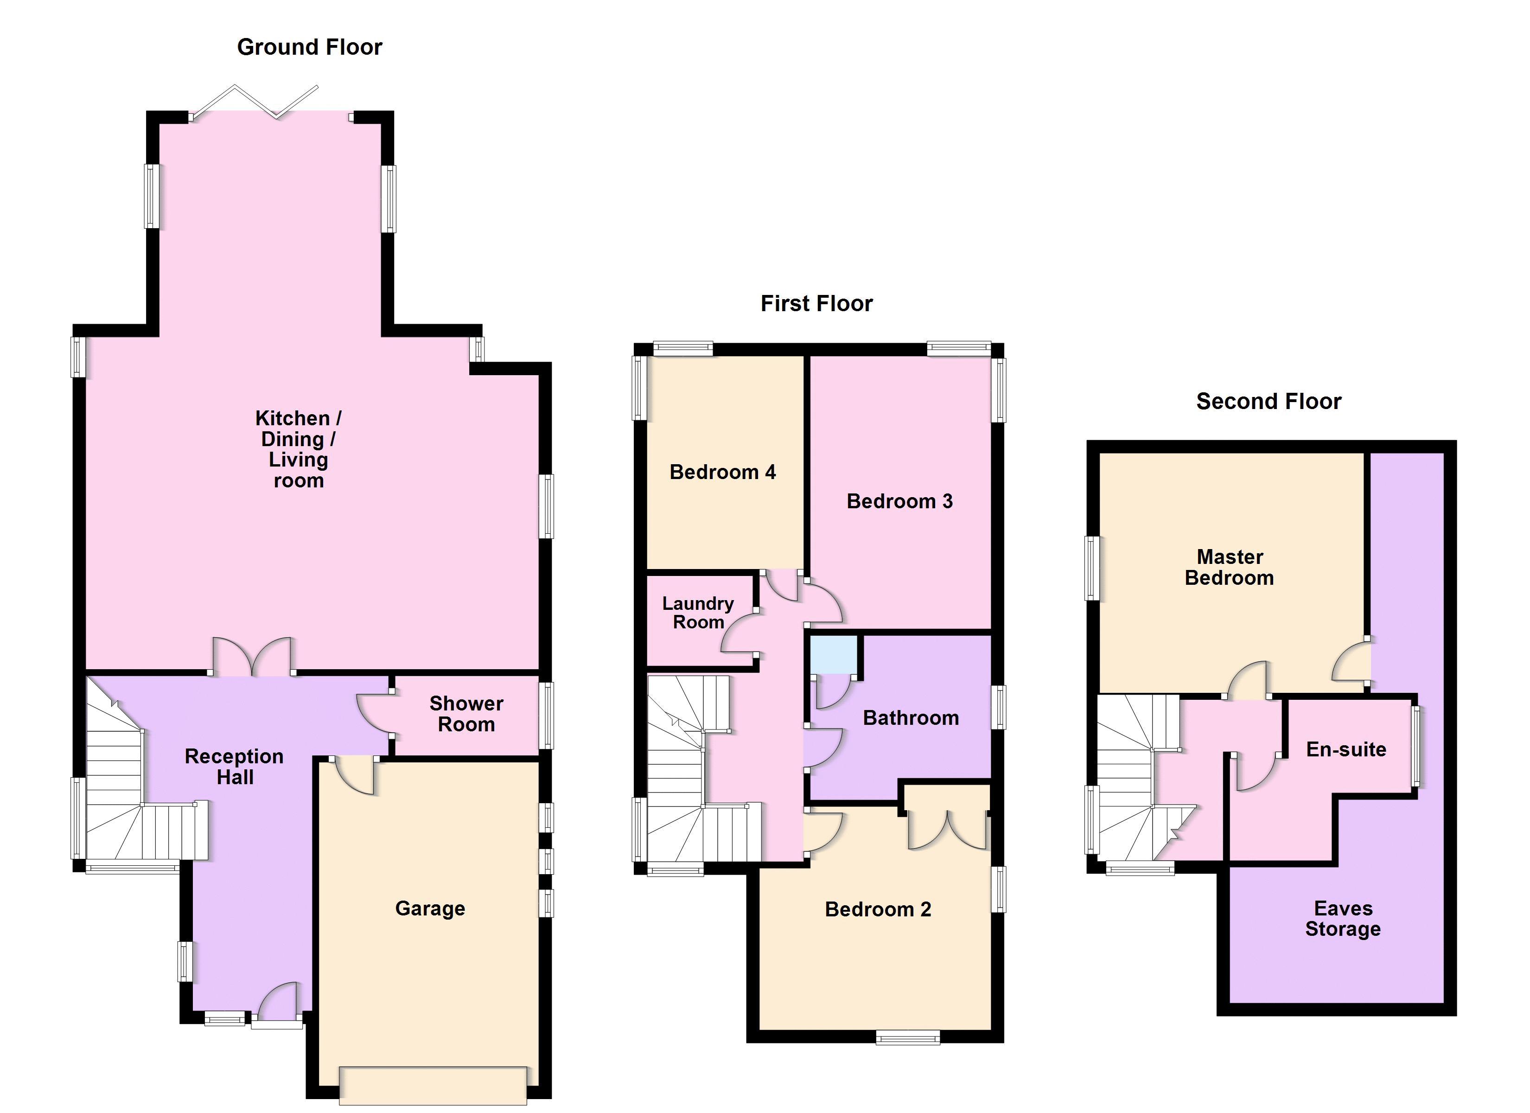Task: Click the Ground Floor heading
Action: click(x=310, y=47)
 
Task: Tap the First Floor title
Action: click(x=816, y=304)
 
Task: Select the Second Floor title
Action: click(x=1268, y=402)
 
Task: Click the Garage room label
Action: click(x=430, y=908)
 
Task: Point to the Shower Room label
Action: click(x=466, y=714)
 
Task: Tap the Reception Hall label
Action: click(x=234, y=767)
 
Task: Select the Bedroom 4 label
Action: click(x=722, y=472)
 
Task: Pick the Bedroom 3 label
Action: click(x=899, y=501)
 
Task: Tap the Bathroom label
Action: click(x=911, y=718)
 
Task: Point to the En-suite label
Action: click(x=1346, y=750)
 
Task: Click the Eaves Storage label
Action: click(x=1343, y=919)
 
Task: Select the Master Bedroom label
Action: click(x=1229, y=568)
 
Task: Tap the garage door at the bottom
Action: click(x=433, y=1085)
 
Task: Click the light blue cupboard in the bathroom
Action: click(x=834, y=654)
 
